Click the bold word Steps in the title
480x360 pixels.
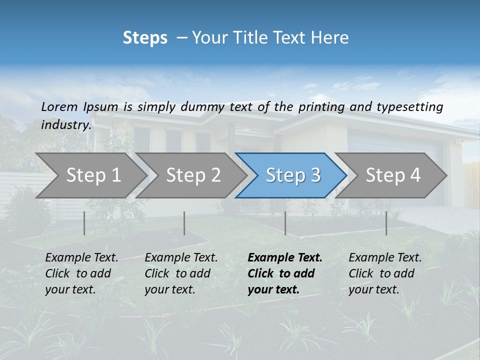145,38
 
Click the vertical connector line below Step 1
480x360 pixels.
84,223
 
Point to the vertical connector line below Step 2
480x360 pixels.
184,223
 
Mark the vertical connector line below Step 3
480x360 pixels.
285,223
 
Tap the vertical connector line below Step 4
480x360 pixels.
386,223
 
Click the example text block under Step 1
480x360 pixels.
81,273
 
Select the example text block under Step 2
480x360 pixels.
181,273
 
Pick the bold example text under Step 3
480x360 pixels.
285,273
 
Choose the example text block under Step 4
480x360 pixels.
385,273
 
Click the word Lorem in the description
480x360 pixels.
59,107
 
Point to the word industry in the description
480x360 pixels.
65,124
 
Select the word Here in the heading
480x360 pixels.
330,38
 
